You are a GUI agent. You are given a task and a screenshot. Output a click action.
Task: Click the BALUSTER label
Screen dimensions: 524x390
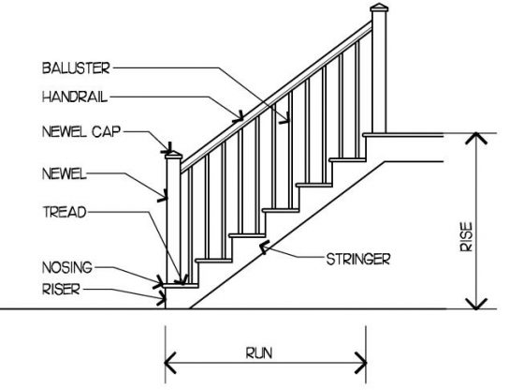(76, 67)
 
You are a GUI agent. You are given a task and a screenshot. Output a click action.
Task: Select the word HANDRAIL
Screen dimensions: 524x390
(75, 97)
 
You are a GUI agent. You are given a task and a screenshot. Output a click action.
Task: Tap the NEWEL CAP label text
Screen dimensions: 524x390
(81, 131)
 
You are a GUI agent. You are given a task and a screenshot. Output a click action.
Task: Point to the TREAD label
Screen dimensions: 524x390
(65, 212)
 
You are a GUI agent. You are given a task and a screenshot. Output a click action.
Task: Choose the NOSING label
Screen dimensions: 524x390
(67, 267)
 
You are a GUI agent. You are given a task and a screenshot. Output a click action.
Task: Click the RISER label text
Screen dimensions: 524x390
(61, 290)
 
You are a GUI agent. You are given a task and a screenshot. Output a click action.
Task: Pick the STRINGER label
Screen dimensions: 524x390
(358, 260)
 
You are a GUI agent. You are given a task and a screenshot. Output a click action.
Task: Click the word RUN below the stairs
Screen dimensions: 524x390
(259, 353)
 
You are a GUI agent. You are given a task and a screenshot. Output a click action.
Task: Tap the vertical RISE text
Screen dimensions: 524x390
(467, 236)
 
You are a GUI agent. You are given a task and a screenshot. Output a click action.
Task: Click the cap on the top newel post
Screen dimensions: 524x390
(379, 7)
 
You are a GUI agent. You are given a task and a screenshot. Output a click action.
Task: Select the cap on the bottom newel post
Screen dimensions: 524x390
(174, 156)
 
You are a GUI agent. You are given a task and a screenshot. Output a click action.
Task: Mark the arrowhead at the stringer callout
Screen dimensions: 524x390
(264, 247)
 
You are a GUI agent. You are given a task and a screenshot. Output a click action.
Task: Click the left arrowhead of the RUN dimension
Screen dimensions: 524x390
(170, 363)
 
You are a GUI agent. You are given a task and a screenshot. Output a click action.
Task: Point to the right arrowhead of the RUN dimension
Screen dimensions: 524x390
(361, 363)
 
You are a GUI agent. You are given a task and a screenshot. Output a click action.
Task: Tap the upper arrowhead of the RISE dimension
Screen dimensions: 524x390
(476, 138)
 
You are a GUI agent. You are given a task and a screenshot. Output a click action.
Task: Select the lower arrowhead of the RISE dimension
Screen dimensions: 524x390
(476, 304)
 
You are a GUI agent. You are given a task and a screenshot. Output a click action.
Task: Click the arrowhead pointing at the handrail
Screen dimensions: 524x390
(239, 117)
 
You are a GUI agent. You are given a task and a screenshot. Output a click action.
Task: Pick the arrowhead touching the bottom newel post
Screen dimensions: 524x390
(163, 196)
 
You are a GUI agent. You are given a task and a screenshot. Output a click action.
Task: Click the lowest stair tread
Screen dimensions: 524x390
(181, 286)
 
